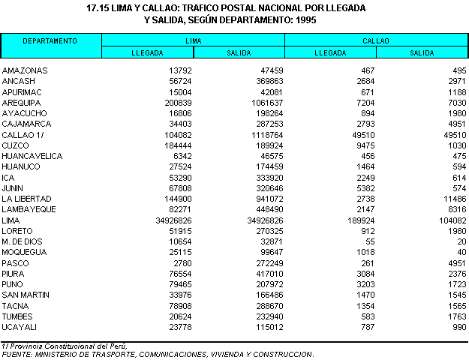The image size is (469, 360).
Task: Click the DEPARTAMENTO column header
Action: coord(50,40)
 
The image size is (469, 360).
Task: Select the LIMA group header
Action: coord(193,40)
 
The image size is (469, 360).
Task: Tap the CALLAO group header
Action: coord(375,40)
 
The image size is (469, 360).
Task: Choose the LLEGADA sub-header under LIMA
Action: coord(147,52)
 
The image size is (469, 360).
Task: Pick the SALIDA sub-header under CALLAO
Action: coord(422,52)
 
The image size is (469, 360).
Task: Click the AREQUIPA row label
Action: coord(21,102)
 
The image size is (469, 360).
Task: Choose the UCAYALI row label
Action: coord(19,328)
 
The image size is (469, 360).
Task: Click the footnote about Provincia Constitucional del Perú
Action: coord(65,346)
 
